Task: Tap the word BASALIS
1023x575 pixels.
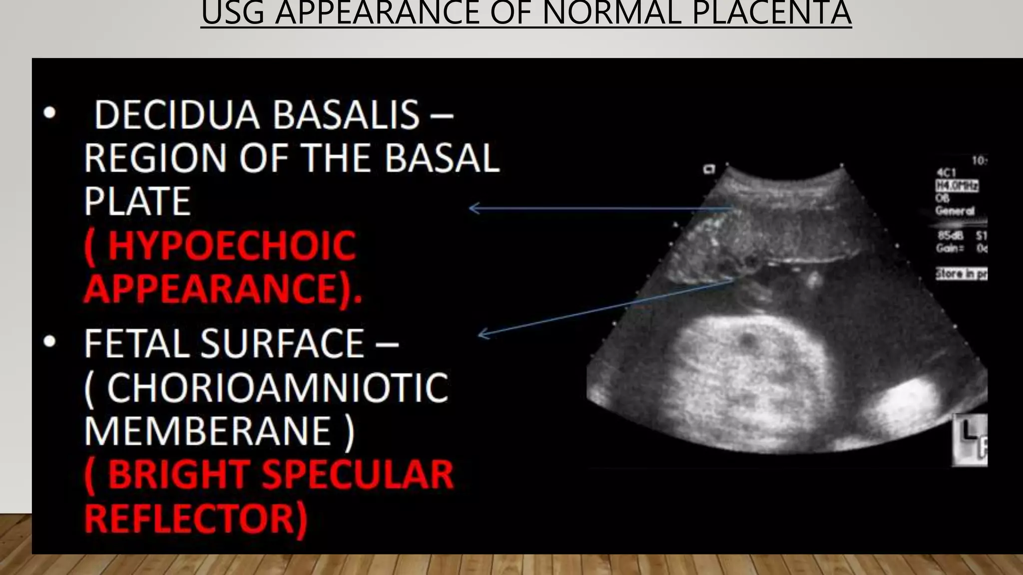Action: point(346,115)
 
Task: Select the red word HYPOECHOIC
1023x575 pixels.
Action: point(231,246)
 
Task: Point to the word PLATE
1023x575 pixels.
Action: point(137,202)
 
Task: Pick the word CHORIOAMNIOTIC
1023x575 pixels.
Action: point(277,388)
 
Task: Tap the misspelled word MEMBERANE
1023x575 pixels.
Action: point(207,431)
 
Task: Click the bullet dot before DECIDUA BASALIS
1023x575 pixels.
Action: point(49,113)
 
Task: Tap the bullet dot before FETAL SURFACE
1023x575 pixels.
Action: point(49,342)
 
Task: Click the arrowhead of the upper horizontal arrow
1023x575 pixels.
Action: point(471,208)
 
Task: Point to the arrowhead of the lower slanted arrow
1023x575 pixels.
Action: point(481,334)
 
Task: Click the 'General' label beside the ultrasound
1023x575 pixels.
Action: point(955,211)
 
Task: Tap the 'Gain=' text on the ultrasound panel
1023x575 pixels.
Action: point(949,248)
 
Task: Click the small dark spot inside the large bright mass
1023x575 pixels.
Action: point(748,341)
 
